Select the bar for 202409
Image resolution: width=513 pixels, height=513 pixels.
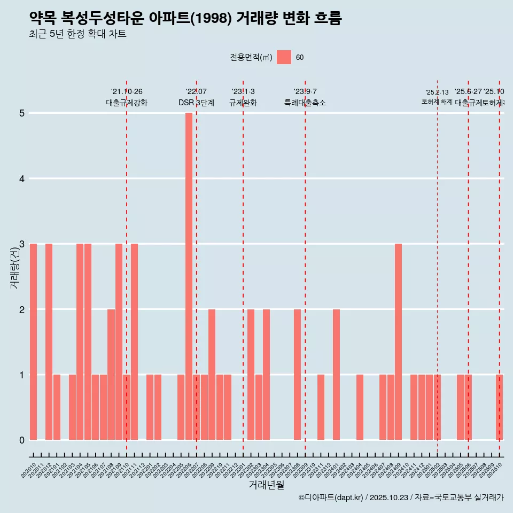398,341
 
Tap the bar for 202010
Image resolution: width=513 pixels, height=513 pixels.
33,341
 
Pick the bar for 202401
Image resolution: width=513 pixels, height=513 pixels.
336,374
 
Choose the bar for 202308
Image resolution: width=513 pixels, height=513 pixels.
297,374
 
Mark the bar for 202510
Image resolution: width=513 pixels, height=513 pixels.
499,407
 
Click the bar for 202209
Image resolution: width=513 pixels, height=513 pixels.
212,374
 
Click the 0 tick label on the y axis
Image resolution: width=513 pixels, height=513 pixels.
22,440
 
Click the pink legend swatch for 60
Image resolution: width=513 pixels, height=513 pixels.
284,57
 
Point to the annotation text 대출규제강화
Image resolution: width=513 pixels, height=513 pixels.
127,103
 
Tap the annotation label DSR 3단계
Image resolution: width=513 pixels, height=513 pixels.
196,103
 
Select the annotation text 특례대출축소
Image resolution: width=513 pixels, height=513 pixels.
305,103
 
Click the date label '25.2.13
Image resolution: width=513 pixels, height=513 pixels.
437,92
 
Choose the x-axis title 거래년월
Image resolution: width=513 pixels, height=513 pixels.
266,485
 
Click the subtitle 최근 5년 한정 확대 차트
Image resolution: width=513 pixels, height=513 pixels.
77,35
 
